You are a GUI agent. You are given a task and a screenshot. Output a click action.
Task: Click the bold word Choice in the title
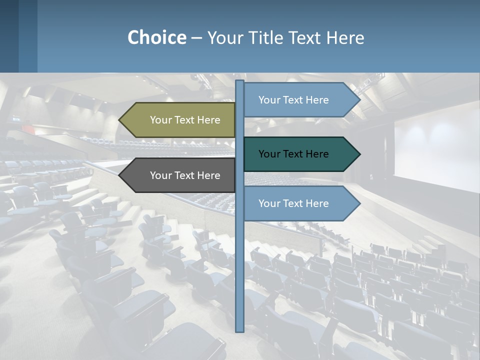[x=156, y=37]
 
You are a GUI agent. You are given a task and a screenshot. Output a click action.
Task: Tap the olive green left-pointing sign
[x=177, y=120]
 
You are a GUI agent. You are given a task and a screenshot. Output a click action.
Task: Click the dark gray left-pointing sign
[x=177, y=175]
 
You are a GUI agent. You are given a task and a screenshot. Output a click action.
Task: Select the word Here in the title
[x=345, y=37]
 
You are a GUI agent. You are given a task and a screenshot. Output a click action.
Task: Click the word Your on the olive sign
[x=161, y=120]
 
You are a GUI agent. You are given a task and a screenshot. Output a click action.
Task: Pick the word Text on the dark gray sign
[x=185, y=175]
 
